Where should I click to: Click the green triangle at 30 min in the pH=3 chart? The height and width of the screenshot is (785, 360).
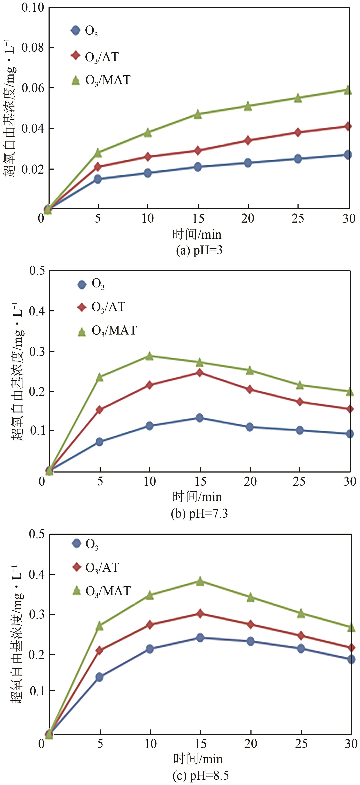(348, 90)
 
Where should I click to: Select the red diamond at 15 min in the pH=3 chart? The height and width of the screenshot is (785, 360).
(198, 150)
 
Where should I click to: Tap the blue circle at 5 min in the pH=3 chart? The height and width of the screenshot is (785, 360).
(97, 179)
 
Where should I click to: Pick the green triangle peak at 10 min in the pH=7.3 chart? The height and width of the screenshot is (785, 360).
(149, 356)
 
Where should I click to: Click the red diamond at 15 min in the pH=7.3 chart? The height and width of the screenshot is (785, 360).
(199, 372)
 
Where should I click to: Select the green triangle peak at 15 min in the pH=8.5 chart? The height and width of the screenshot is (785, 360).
(200, 581)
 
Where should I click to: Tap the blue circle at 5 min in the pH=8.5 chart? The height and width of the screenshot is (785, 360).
(100, 677)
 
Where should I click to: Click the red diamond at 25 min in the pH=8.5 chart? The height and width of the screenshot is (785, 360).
(301, 635)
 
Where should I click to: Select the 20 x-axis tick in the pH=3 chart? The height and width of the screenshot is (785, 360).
(248, 218)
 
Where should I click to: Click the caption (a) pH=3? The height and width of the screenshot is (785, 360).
(199, 251)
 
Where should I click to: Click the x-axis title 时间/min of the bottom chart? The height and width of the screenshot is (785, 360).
(198, 759)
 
